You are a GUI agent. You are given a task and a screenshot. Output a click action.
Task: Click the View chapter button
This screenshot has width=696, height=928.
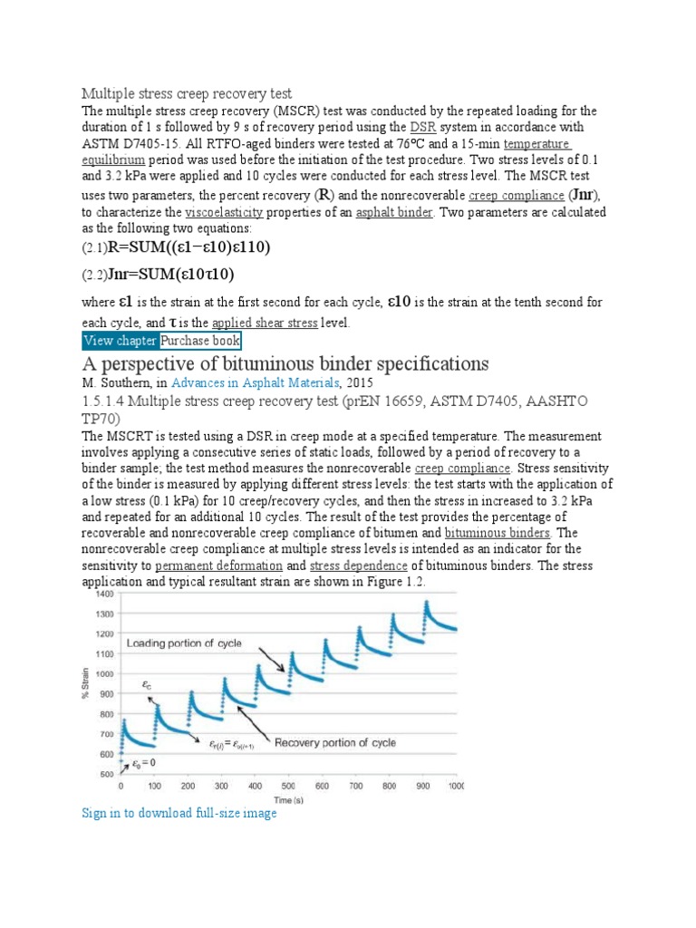coord(120,341)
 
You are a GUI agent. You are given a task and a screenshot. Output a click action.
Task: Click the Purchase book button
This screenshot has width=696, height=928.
coord(200,341)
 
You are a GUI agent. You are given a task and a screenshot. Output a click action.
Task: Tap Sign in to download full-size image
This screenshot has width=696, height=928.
coord(179,814)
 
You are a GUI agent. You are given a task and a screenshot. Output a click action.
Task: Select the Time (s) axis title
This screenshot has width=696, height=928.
coord(290,800)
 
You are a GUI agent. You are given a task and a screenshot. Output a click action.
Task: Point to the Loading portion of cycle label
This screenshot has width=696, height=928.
coord(184,643)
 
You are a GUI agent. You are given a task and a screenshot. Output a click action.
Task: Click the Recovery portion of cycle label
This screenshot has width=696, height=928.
coord(335,743)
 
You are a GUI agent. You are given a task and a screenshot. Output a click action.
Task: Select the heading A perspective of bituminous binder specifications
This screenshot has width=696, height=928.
coord(285,364)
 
